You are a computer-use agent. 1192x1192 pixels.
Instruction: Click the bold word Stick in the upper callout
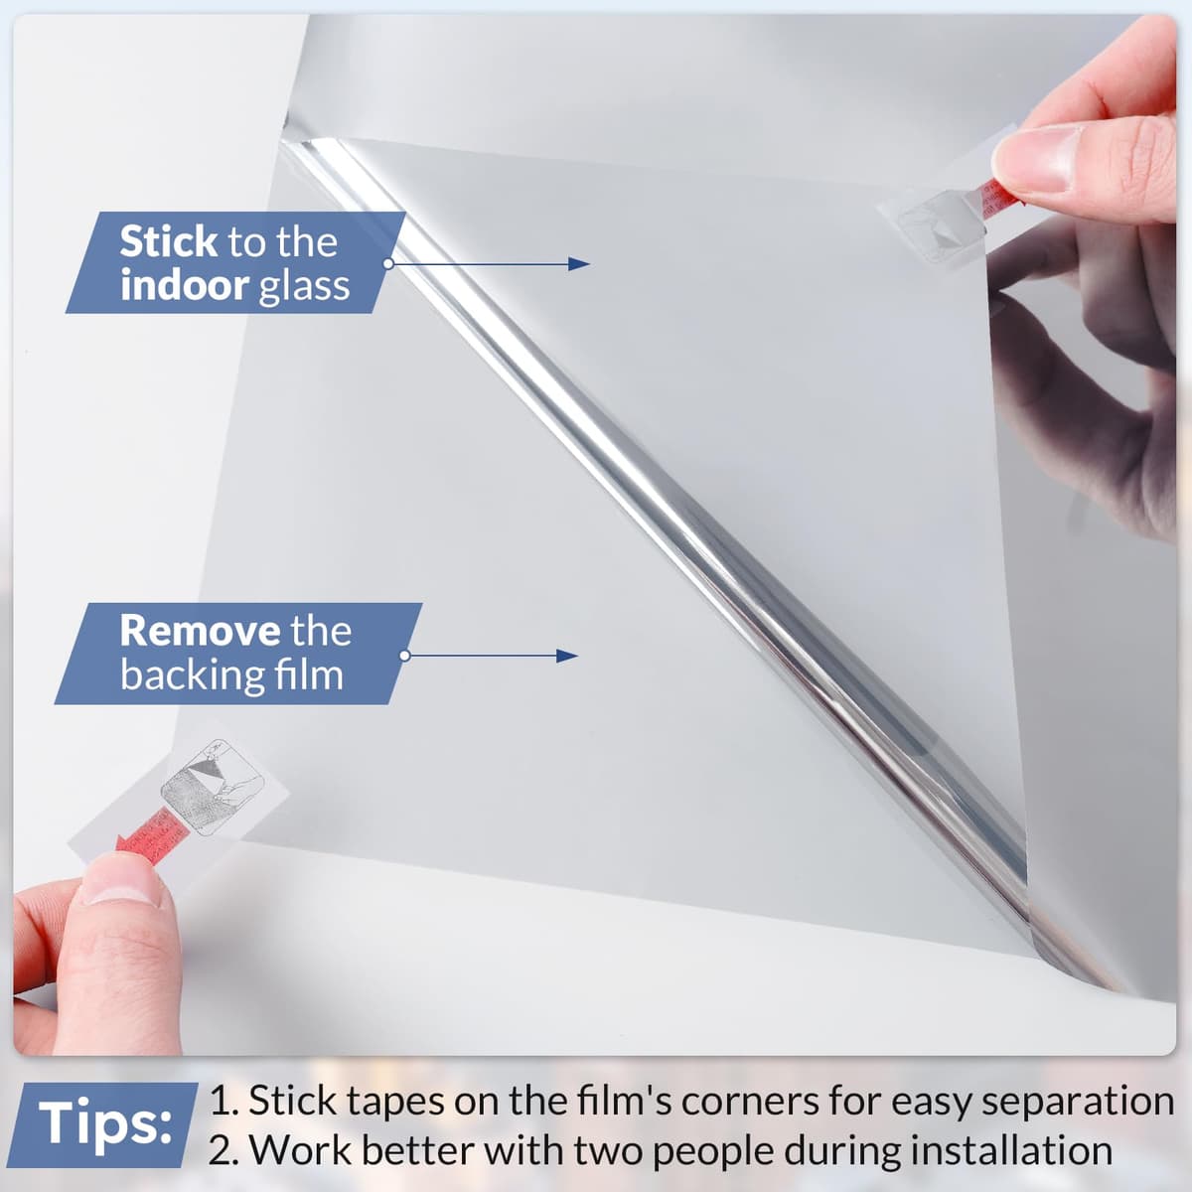[x=168, y=241]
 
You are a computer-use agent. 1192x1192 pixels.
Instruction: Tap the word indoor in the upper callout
[x=185, y=285]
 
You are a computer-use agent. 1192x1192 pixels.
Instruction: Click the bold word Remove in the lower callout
[x=200, y=631]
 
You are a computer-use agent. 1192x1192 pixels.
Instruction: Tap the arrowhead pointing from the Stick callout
[x=579, y=264]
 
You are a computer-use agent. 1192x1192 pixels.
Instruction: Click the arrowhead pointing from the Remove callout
[x=566, y=657]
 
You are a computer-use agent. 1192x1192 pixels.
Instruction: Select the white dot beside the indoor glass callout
[x=388, y=263]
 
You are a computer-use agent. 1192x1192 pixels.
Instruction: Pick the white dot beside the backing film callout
[x=405, y=656]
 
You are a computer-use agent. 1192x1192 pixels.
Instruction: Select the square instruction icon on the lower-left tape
[x=213, y=788]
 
